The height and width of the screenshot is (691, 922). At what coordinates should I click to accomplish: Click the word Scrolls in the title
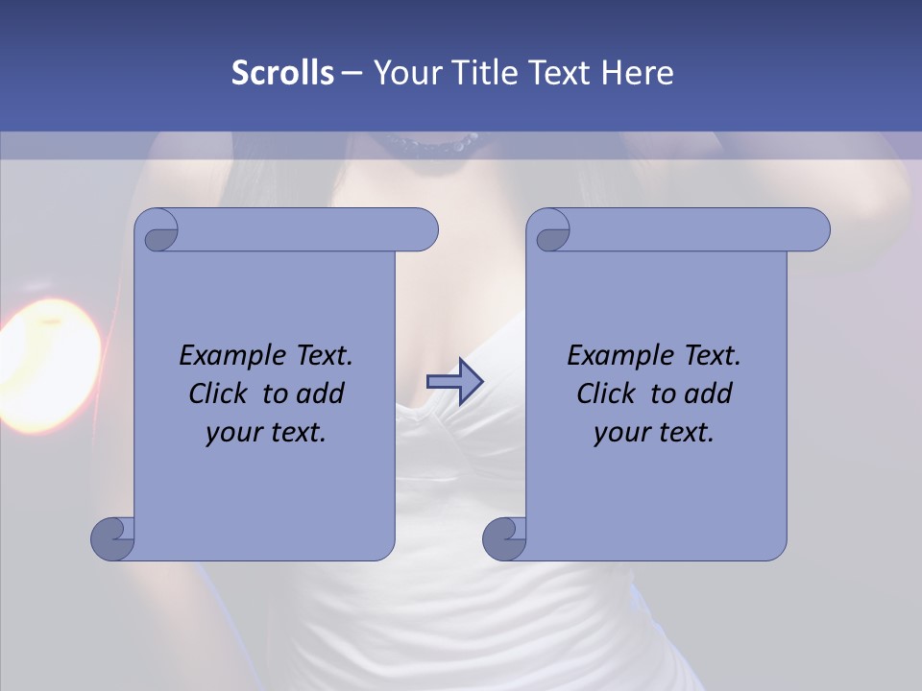click(x=282, y=72)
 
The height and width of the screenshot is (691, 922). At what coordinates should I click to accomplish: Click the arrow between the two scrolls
click(x=454, y=382)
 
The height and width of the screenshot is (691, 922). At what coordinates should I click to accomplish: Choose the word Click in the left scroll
click(x=209, y=393)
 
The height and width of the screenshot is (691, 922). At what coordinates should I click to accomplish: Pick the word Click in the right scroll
click(x=597, y=393)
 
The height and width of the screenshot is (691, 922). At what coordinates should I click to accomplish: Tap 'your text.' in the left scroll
click(x=266, y=433)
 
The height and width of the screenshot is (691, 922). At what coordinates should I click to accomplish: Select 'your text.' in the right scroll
click(x=654, y=433)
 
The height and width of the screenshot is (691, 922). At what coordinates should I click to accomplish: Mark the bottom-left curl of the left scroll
click(x=112, y=537)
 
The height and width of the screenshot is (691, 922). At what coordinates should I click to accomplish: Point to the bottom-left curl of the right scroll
click(x=504, y=537)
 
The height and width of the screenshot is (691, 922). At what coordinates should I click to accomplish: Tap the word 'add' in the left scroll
click(x=323, y=393)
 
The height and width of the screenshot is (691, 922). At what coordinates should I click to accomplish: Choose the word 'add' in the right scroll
click(x=711, y=393)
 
